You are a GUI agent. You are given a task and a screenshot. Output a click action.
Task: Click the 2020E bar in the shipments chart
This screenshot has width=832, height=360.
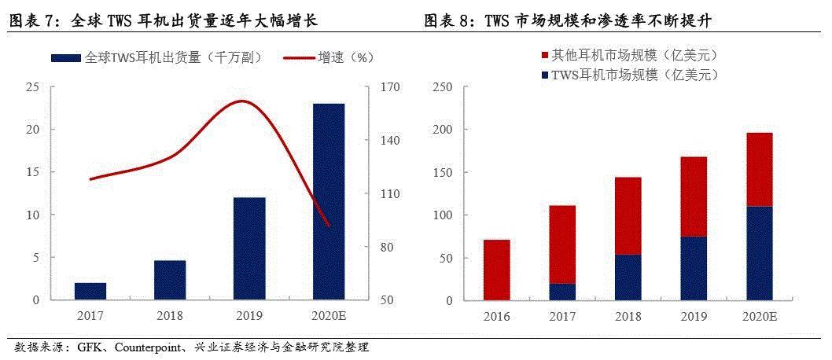tap(329, 201)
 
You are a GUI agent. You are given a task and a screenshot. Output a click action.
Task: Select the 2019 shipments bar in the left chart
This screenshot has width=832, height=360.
tap(249, 248)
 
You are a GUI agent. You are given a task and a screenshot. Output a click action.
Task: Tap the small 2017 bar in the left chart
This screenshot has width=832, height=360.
tap(90, 291)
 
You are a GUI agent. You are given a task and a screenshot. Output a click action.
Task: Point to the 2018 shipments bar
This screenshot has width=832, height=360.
tap(170, 280)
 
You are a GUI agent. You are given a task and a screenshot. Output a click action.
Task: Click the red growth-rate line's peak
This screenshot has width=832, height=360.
tap(241, 101)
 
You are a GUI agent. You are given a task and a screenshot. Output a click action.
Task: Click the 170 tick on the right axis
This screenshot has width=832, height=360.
tap(391, 87)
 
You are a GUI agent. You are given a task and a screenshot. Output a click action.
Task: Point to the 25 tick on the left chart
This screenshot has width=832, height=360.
tap(34, 87)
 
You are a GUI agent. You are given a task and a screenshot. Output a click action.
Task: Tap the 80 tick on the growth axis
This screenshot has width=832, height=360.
tap(388, 247)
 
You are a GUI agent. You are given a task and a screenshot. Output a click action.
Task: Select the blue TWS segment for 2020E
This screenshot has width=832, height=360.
tap(759, 253)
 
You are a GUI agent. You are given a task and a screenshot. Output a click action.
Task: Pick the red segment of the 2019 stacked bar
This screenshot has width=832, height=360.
tap(694, 197)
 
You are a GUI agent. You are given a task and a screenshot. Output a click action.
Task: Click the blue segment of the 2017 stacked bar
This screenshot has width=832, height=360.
tap(562, 292)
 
